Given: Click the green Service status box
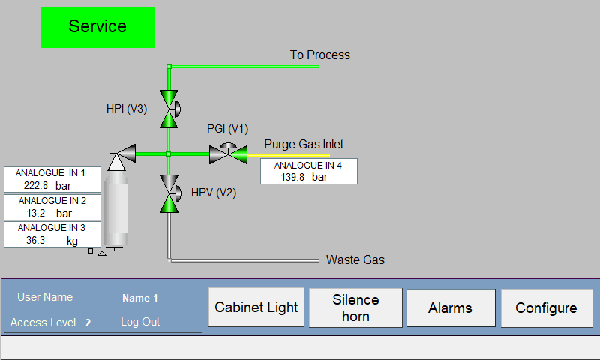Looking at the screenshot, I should [x=97, y=27].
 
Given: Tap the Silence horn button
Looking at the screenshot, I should [x=355, y=307].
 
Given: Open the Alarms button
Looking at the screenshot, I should [x=450, y=307].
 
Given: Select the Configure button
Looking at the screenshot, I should [x=546, y=307].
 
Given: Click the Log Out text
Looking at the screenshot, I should [x=140, y=322].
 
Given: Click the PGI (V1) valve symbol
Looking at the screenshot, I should [x=229, y=154].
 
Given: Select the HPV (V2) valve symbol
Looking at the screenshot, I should [x=169, y=193].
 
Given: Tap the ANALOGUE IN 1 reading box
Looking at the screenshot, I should [x=52, y=179].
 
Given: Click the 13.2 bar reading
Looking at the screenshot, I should [x=52, y=213].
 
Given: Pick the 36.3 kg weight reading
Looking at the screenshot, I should [x=52, y=240].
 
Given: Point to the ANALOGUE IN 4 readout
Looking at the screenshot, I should [x=308, y=171].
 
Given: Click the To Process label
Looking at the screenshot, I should [x=319, y=55].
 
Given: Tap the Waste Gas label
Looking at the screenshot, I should [x=355, y=259].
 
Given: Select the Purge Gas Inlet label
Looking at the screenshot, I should [x=304, y=144].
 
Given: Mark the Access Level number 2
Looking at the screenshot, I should [x=88, y=322].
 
